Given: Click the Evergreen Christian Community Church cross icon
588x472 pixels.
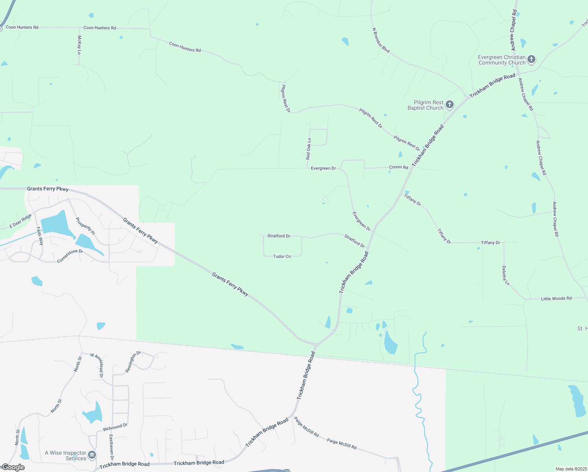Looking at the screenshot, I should click(x=531, y=59).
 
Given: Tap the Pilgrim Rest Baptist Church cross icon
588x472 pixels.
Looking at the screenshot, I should click(x=450, y=105).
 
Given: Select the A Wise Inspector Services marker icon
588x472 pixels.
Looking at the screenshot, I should click(x=92, y=455).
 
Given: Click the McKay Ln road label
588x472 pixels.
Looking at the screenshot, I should click(x=79, y=45).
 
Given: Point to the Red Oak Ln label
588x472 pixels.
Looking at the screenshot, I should click(x=309, y=149).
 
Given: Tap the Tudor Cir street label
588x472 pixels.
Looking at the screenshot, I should click(x=282, y=256).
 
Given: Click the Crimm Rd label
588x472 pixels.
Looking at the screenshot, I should click(x=399, y=167).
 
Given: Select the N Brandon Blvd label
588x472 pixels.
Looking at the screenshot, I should click(x=381, y=40).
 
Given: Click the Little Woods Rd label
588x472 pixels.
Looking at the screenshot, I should click(x=556, y=299).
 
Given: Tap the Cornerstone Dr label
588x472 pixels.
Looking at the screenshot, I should click(x=70, y=256).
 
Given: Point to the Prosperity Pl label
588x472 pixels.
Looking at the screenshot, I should click(x=85, y=226).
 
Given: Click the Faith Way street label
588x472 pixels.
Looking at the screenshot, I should click(x=40, y=236).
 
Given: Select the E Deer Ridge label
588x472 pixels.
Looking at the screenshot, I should click(x=20, y=221).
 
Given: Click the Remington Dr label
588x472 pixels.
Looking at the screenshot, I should click(x=133, y=362).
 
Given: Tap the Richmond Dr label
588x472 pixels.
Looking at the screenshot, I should click(x=115, y=427).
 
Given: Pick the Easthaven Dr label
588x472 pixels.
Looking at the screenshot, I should click(x=112, y=447).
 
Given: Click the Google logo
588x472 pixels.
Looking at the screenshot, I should click(x=13, y=467).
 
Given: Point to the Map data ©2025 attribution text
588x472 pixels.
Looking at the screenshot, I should click(x=571, y=469).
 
